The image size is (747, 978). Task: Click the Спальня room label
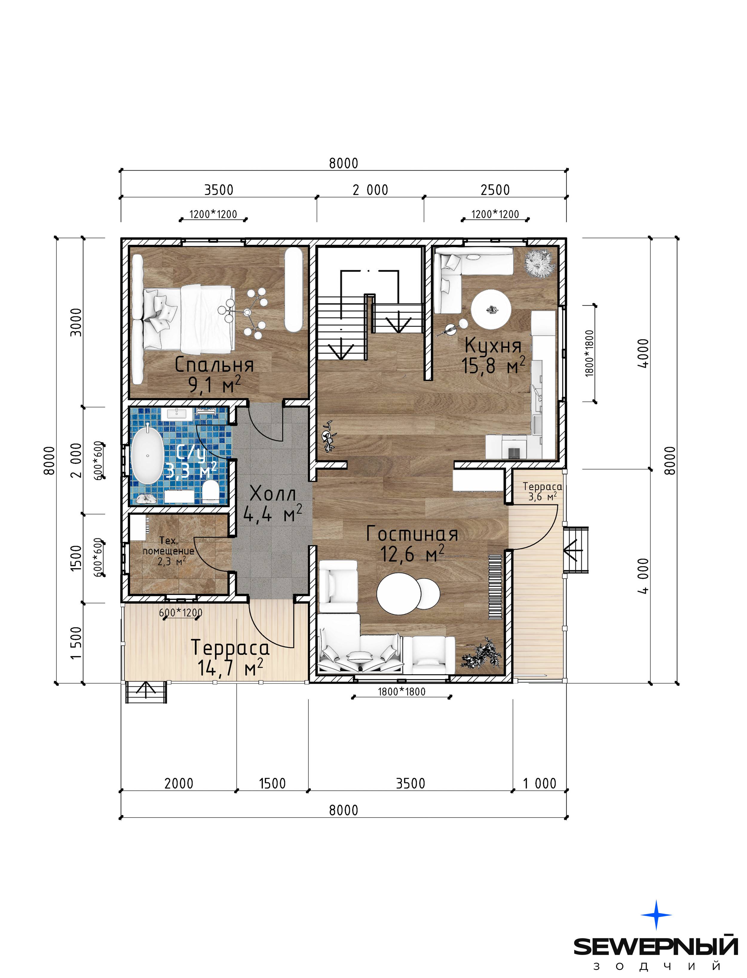coord(214,365)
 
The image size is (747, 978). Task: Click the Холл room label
coord(273,493)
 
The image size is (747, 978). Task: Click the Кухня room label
coord(493,345)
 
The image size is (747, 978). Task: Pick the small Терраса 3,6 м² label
coord(542,491)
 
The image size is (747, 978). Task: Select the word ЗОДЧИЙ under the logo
coord(657,966)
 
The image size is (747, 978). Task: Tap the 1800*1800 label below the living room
coord(402,692)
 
